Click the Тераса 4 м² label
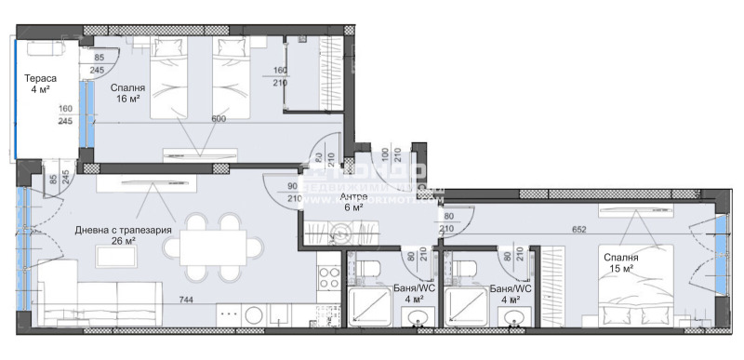(39, 83)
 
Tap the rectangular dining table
(214, 247)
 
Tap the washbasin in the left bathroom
(416, 320)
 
